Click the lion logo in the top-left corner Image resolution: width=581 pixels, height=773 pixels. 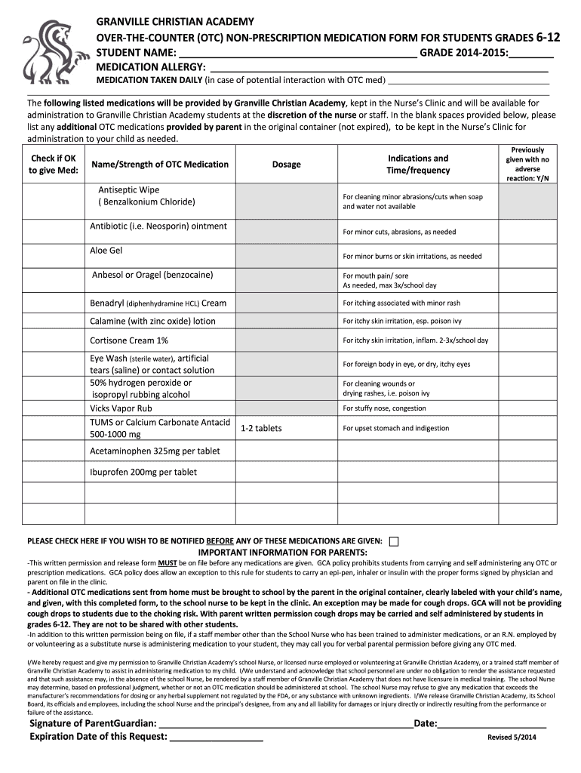48,52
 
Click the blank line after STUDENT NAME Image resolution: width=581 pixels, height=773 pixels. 296,54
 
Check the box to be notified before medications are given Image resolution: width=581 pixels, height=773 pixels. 394,541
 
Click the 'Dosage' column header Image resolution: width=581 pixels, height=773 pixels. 286,165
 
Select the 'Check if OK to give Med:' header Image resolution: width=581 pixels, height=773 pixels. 53,165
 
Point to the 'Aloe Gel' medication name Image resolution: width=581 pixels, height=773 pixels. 106,251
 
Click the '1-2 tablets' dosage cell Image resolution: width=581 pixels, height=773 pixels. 260,429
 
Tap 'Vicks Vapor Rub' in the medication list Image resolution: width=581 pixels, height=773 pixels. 121,408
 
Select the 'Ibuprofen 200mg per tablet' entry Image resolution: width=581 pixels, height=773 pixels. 143,473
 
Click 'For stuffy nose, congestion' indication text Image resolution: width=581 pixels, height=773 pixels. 384,408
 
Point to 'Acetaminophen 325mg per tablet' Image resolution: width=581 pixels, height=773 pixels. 155,451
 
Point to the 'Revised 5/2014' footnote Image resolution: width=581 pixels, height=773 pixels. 512,738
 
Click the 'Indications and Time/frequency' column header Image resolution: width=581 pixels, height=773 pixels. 417,165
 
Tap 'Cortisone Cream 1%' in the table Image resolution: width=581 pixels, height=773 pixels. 129,340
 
